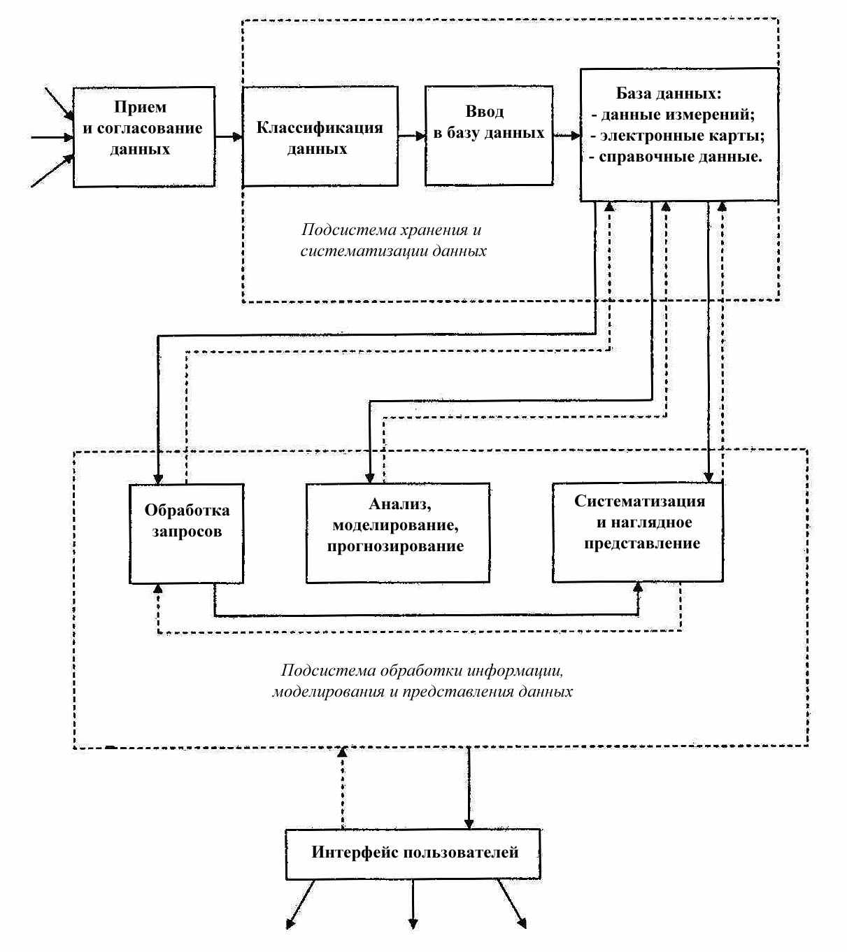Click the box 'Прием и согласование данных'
[144, 136]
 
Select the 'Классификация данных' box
[320, 136]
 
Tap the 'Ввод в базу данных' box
[489, 135]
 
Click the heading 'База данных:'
[669, 93]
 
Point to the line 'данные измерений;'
[673, 114]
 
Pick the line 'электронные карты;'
[678, 135]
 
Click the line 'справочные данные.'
[676, 157]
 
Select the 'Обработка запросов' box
[187, 534]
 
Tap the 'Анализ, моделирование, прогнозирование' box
[397, 533]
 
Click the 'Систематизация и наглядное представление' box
[637, 532]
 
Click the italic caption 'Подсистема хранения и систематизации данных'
[393, 240]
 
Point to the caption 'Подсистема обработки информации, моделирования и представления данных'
[422, 681]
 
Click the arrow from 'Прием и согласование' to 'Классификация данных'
[229, 136]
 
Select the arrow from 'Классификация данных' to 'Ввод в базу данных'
[411, 136]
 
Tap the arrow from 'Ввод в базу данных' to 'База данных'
[567, 136]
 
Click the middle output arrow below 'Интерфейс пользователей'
[413, 903]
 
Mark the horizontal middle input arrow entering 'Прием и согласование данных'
[52, 138]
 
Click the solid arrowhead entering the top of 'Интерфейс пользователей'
[469, 824]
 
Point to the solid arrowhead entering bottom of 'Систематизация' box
[638, 588]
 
